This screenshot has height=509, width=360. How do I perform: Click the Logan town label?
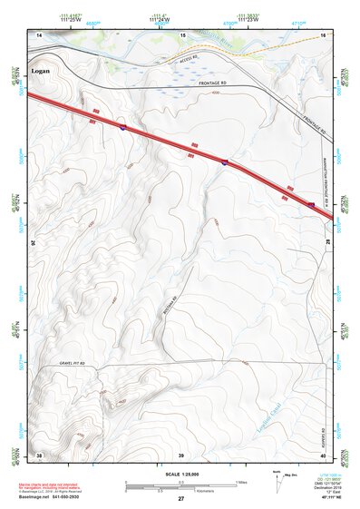(42, 70)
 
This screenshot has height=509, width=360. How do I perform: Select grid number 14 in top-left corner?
(39, 34)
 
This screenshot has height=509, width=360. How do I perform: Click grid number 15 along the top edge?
(183, 34)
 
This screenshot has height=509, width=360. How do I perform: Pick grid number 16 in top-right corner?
(322, 34)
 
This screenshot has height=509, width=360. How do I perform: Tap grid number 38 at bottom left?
(39, 454)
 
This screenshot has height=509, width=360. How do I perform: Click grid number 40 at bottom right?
(322, 454)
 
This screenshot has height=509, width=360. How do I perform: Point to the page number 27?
(180, 500)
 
